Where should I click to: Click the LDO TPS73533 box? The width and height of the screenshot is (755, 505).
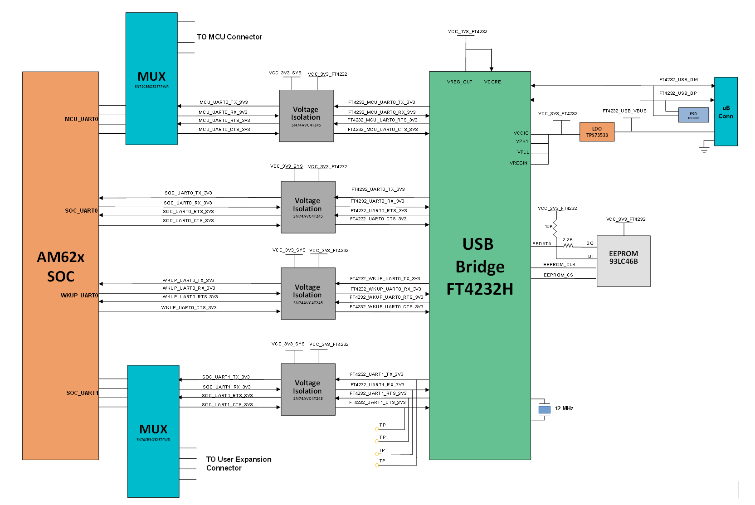pos(597,132)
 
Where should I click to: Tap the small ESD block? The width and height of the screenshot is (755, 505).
pos(693,115)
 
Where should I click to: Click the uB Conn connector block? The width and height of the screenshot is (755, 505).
pos(726,112)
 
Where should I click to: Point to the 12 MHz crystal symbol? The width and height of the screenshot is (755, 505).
pos(544,409)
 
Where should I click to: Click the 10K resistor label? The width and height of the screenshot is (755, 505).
pos(549,227)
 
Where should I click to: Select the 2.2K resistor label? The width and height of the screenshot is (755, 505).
pos(567,240)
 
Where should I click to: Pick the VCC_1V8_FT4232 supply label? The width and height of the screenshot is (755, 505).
pos(468,32)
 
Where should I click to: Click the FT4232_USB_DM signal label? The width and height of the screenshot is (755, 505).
pos(678,80)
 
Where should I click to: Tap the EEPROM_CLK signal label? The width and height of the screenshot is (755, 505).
pos(559,265)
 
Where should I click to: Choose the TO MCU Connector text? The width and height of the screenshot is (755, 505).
pos(229,37)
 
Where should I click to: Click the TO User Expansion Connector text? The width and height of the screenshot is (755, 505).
pos(239,464)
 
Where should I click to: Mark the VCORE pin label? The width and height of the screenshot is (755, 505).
pos(492,82)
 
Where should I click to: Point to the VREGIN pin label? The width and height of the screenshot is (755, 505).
pos(518,163)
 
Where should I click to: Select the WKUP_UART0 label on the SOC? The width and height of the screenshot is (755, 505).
pos(79,296)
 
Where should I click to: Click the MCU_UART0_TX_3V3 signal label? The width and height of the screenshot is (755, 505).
pos(224,102)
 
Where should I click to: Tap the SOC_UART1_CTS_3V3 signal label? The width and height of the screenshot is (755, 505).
pos(227,405)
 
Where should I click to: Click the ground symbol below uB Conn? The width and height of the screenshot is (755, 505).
pos(704,149)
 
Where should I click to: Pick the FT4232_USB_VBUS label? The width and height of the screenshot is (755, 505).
pos(624,111)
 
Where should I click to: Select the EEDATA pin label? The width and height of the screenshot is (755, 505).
pos(542,244)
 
